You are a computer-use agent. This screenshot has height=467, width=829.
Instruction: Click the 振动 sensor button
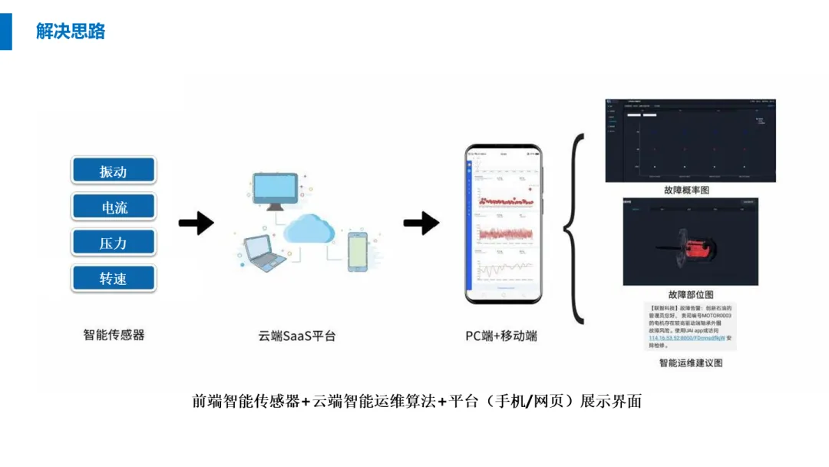114,171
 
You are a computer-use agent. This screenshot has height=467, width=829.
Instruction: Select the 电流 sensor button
114,207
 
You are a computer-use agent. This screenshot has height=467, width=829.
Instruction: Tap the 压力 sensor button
114,243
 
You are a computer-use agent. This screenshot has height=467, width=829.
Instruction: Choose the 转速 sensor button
114,278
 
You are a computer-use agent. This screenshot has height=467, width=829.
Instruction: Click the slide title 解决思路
71,31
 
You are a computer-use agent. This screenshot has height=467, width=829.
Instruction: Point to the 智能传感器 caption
114,334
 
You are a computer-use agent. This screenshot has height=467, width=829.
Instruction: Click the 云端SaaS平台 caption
297,336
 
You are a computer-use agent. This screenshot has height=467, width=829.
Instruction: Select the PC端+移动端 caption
501,336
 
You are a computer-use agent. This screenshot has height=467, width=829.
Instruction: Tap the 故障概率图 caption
686,190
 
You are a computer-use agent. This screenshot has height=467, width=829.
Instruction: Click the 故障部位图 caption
691,294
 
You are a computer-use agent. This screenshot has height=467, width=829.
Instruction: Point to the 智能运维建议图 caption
691,363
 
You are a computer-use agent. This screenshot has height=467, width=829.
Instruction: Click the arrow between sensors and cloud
196,224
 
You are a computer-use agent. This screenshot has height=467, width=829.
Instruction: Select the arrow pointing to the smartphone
421,224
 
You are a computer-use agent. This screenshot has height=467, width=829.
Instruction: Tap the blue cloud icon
308,229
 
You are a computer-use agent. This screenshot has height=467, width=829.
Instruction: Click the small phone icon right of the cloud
358,250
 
